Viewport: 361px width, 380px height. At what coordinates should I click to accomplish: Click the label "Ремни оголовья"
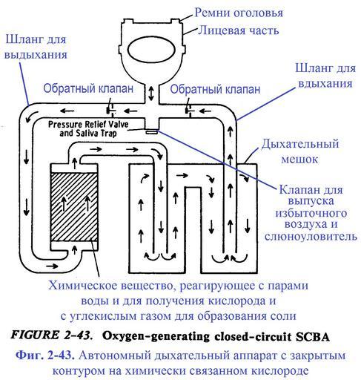(239, 13)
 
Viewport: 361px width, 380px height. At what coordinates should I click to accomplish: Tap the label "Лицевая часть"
(239, 30)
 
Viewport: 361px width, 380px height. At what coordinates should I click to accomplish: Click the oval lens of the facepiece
(151, 50)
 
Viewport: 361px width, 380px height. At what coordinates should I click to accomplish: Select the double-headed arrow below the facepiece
(151, 94)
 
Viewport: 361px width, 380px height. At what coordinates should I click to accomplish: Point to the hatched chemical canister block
(74, 207)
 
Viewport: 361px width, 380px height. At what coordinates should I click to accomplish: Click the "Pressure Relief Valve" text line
(88, 124)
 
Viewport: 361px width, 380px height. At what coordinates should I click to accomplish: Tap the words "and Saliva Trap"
(88, 134)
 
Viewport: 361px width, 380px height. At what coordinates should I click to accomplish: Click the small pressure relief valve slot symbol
(151, 132)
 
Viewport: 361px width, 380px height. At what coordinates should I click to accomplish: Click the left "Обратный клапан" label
(88, 88)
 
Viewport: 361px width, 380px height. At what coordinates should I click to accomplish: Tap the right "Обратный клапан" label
(215, 89)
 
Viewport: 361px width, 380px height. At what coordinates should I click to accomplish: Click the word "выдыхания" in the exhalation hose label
(36, 55)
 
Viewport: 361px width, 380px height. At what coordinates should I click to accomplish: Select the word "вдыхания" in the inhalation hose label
(325, 83)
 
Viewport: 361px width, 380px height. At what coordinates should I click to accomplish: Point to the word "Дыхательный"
(300, 144)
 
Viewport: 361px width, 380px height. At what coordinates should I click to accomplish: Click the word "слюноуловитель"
(311, 236)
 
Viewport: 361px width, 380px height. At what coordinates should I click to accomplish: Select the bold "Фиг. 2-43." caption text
(45, 355)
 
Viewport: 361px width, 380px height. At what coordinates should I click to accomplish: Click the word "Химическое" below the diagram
(83, 286)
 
